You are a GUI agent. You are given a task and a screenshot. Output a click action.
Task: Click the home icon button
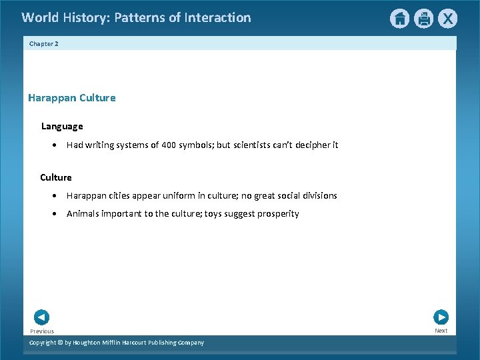(x=399, y=19)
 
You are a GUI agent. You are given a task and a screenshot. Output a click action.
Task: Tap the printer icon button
(x=423, y=19)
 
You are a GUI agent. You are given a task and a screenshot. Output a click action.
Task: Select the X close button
(x=447, y=19)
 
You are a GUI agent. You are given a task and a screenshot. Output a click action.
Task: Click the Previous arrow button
(x=41, y=317)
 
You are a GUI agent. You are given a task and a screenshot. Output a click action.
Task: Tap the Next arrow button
(x=441, y=317)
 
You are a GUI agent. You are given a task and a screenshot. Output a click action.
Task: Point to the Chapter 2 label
(x=44, y=43)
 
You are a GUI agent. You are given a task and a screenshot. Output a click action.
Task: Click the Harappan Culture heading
(x=71, y=98)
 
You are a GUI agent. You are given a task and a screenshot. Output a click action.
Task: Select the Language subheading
(x=62, y=126)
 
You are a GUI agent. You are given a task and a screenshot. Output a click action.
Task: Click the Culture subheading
(x=56, y=177)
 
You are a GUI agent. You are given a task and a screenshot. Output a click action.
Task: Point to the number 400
(x=168, y=145)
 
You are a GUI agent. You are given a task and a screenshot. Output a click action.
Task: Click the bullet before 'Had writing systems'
(x=54, y=145)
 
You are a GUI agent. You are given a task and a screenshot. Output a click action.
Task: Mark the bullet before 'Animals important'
(x=54, y=214)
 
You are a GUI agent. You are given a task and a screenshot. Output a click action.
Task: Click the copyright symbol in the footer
(x=59, y=343)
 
